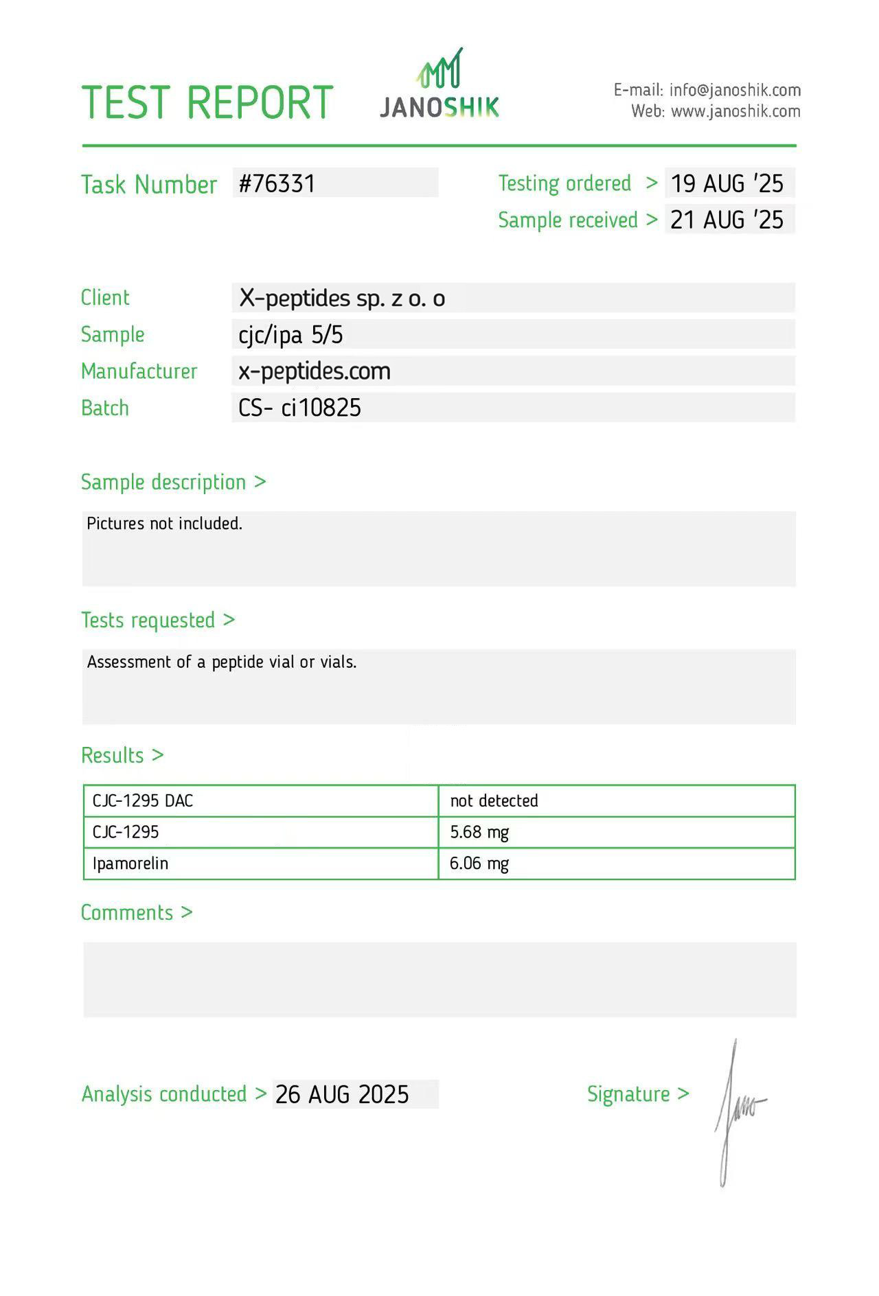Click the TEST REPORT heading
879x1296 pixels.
207,102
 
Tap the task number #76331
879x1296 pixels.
277,183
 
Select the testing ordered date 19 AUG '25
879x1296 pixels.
727,183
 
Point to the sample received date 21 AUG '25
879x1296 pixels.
727,220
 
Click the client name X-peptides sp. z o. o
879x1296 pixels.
341,298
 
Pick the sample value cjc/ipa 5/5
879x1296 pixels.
290,335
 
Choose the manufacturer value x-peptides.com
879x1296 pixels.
315,371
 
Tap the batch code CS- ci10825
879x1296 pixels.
299,408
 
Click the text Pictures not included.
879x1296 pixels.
165,524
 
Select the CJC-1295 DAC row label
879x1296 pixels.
143,800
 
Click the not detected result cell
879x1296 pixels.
494,800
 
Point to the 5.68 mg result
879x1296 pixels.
479,832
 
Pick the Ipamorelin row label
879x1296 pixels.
130,864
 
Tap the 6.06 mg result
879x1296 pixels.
479,864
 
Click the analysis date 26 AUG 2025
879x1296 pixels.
342,1094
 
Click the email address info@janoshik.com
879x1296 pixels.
735,90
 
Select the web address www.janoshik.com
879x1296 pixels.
735,111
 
